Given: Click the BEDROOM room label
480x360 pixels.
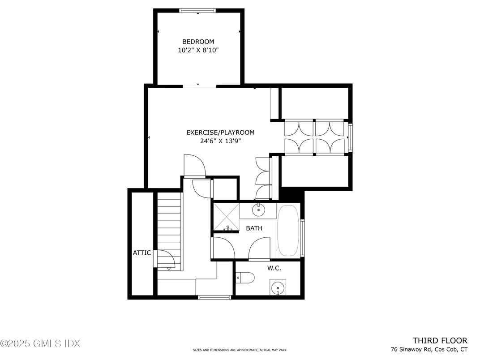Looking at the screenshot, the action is click(x=198, y=42).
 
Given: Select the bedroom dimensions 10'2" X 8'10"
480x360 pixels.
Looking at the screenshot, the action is click(x=198, y=50).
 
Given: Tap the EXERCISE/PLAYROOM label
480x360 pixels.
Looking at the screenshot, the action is click(x=220, y=133).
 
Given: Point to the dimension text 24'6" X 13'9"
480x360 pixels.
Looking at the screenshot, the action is click(x=220, y=141).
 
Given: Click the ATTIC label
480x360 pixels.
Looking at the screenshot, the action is click(x=142, y=253).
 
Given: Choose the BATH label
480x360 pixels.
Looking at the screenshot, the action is click(x=254, y=228).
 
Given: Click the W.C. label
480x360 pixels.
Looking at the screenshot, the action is click(x=274, y=269).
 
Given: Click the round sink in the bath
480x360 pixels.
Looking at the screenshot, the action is click(x=258, y=210).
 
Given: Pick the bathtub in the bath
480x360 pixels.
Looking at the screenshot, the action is click(x=288, y=231).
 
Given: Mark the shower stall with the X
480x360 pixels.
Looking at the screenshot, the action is click(x=226, y=216).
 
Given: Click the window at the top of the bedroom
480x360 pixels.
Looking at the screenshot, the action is click(x=197, y=11).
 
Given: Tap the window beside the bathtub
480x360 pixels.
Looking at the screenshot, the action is click(x=302, y=238).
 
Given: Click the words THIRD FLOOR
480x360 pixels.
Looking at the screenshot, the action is click(x=440, y=340).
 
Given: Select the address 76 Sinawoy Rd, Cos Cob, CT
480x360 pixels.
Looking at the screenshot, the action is click(x=429, y=349).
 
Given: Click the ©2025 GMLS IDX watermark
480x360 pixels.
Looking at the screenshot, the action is click(x=40, y=343).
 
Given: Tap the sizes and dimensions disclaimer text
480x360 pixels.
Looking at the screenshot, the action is click(x=240, y=350).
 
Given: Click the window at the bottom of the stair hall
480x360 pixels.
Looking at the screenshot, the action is click(x=214, y=297).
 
